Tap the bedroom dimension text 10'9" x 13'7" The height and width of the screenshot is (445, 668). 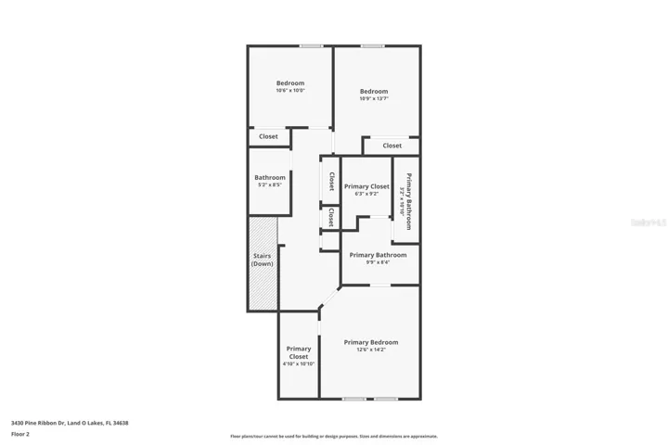(374, 98)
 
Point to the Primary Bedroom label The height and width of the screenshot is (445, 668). (371, 342)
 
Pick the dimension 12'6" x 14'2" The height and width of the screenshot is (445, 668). (371, 350)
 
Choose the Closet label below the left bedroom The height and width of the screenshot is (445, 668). (268, 136)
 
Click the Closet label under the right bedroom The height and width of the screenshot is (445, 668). (392, 146)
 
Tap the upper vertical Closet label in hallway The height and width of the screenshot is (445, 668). (331, 180)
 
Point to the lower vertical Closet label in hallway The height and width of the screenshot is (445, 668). (331, 217)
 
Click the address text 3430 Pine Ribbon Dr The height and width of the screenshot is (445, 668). (70, 423)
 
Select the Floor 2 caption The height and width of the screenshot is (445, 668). (20, 433)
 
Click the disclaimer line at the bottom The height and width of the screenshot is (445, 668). (334, 436)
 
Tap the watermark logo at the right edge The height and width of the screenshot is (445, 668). (649, 222)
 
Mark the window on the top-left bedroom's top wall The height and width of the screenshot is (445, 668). (311, 45)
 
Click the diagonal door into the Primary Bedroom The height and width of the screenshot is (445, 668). (329, 298)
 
